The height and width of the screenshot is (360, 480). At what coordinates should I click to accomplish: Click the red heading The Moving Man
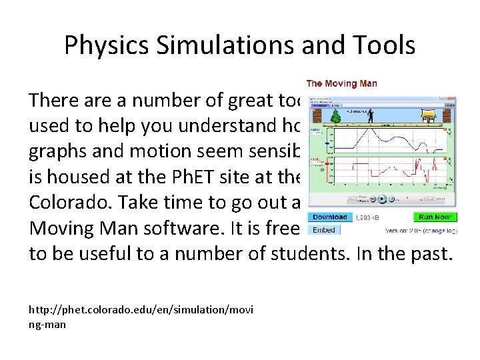point(341,83)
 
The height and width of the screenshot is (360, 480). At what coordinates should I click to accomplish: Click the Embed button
point(323,230)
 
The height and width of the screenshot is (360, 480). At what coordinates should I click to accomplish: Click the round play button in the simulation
point(383,198)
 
